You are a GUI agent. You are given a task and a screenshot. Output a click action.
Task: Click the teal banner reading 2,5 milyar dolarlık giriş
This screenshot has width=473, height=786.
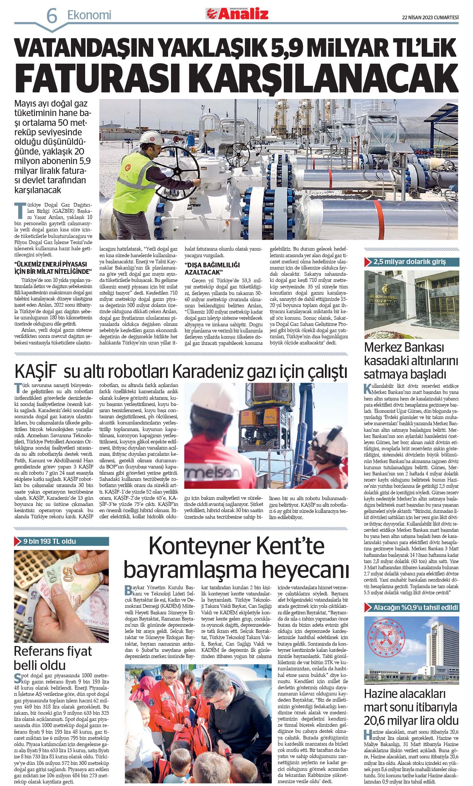pos(412,262)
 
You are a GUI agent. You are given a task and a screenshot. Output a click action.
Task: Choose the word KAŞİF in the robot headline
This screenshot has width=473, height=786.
pos(36,371)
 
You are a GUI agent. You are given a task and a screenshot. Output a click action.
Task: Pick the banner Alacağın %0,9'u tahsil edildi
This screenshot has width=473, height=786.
pos(412,607)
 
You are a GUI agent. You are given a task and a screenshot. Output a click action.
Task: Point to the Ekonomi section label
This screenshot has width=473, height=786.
pos(89,15)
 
